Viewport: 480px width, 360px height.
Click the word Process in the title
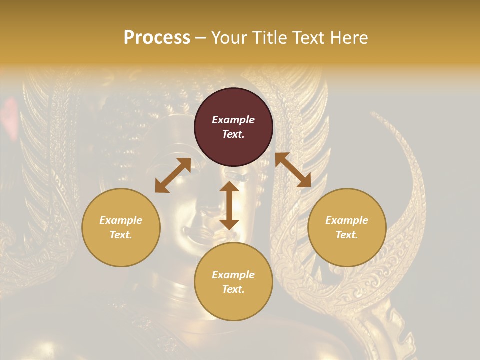157,38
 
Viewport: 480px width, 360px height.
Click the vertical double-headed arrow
229,205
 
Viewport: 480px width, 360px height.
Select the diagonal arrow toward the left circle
173,175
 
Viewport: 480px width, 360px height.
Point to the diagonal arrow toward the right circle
293,170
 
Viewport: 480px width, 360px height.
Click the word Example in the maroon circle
233,120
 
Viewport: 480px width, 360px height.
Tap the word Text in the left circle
121,235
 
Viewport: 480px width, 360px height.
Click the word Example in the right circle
347,220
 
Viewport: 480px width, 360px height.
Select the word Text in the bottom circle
233,289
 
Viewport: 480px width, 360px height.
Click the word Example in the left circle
121,220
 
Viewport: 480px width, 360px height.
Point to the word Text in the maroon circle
233,134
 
